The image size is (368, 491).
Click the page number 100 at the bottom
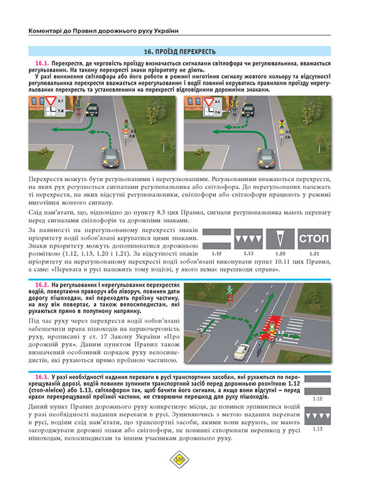click(180, 474)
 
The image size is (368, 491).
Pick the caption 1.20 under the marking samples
click(280, 252)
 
